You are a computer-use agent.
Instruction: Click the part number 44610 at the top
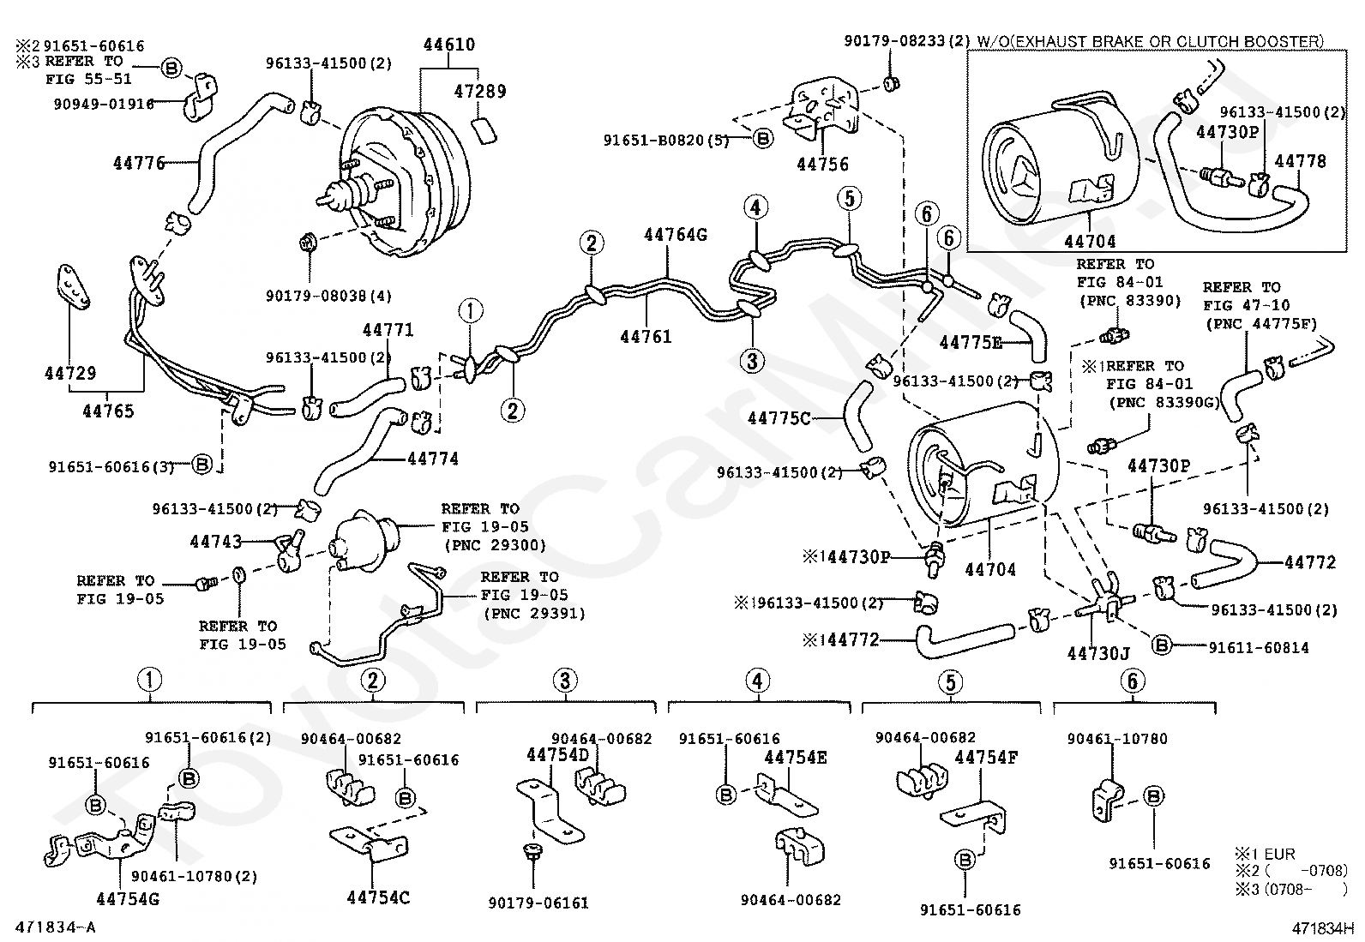click(x=449, y=45)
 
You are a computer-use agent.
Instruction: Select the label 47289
click(x=480, y=92)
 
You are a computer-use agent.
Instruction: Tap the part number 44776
click(x=140, y=164)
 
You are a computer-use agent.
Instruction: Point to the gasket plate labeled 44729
click(x=74, y=285)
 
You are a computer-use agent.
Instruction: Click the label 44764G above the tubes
click(x=676, y=235)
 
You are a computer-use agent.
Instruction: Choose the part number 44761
click(x=646, y=336)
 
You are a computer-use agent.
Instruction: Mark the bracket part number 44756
click(x=822, y=164)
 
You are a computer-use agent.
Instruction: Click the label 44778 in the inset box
click(x=1301, y=161)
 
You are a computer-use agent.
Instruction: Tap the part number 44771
click(x=388, y=330)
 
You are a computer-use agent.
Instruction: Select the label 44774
click(x=433, y=459)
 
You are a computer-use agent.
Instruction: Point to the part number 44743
click(x=216, y=541)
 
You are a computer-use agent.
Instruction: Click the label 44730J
click(x=1098, y=654)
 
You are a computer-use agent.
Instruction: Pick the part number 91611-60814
click(x=1259, y=648)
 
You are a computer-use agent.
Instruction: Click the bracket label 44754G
click(x=128, y=899)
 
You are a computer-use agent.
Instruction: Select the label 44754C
click(x=378, y=897)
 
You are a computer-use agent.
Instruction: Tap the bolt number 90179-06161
click(x=538, y=903)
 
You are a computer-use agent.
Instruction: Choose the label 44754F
click(x=986, y=758)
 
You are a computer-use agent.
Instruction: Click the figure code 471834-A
click(x=56, y=927)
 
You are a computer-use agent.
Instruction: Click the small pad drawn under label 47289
click(x=484, y=132)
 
